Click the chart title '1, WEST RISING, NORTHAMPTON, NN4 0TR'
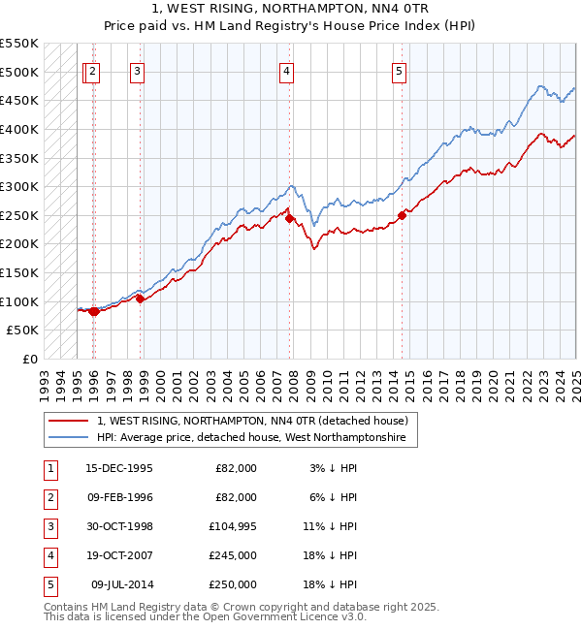291,9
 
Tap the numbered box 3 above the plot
137,70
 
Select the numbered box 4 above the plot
287,70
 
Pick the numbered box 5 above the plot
400,70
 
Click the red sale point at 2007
289,218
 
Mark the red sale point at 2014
402,215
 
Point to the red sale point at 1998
140,299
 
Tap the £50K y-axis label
23,331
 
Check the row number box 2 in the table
48,497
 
